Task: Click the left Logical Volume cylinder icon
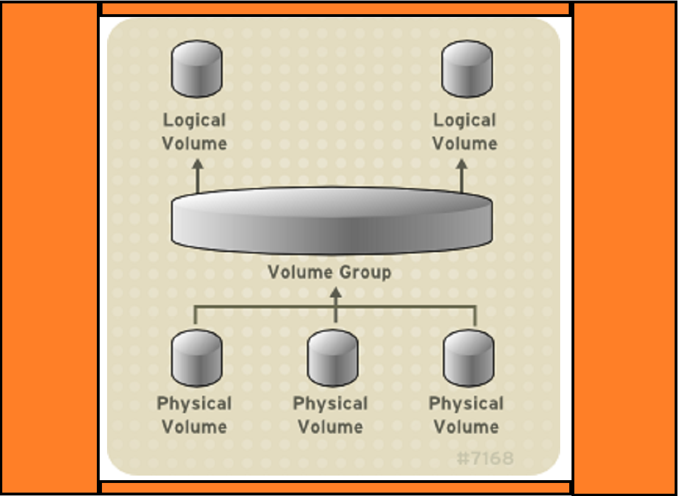pyautogui.click(x=197, y=69)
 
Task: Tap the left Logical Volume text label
pyautogui.click(x=194, y=132)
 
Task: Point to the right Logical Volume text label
pyautogui.click(x=464, y=132)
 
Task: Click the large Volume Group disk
pyautogui.click(x=331, y=221)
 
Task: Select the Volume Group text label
pyautogui.click(x=329, y=273)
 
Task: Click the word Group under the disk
pyautogui.click(x=365, y=273)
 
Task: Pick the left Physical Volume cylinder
pyautogui.click(x=197, y=358)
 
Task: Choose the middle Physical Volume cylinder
pyautogui.click(x=332, y=358)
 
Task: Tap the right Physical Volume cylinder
pyautogui.click(x=468, y=358)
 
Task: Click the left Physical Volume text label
pyautogui.click(x=194, y=415)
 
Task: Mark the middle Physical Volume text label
pyautogui.click(x=330, y=415)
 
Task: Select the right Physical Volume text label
pyautogui.click(x=466, y=415)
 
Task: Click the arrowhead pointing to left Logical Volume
pyautogui.click(x=197, y=164)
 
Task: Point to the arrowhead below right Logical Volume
pyautogui.click(x=462, y=164)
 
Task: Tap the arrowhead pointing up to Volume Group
pyautogui.click(x=336, y=292)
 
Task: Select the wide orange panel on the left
pyautogui.click(x=50, y=248)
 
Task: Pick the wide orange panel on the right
pyautogui.click(x=625, y=248)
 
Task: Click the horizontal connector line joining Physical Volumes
pyautogui.click(x=266, y=308)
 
